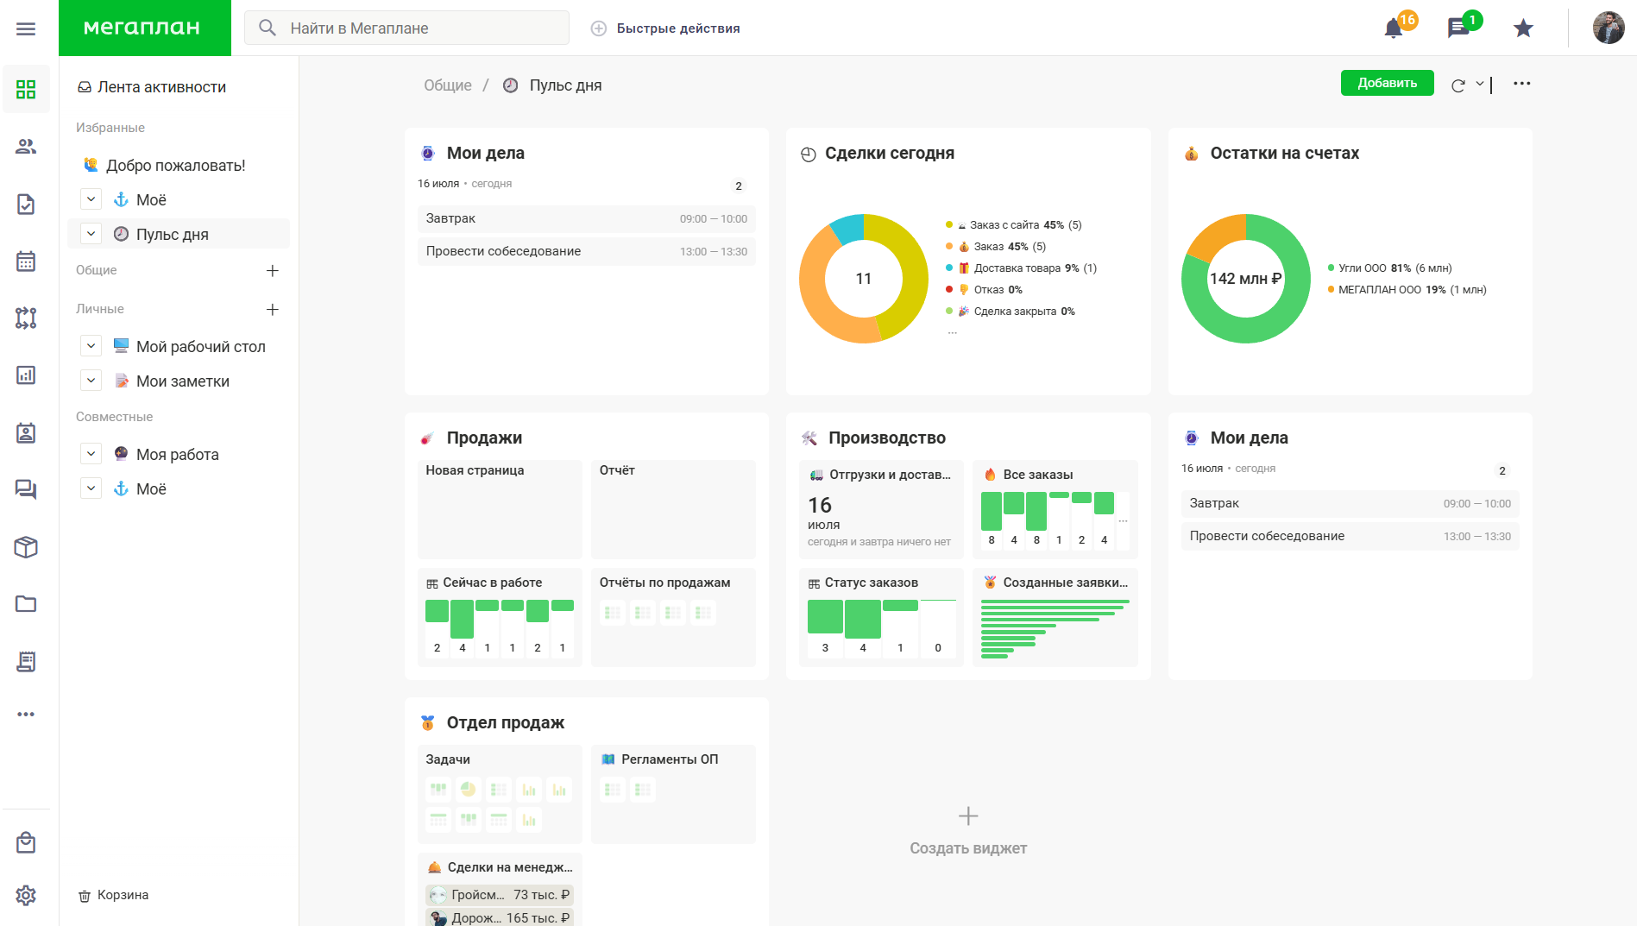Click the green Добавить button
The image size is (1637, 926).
[1387, 83]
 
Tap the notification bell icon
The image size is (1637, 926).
[1393, 28]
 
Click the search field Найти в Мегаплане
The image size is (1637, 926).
[406, 28]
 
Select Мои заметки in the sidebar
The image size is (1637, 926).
[183, 381]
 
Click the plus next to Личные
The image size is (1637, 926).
[273, 309]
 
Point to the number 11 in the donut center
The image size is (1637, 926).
[863, 279]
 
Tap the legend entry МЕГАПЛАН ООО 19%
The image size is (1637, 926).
[1407, 290]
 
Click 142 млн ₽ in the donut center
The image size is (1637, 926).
[1245, 279]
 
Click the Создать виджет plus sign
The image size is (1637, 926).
[968, 816]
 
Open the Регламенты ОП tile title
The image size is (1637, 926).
[670, 759]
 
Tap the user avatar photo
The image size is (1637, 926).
[1609, 28]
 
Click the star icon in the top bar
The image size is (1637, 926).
[1523, 28]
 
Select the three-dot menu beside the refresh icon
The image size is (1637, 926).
[1521, 84]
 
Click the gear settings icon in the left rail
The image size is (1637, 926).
[26, 895]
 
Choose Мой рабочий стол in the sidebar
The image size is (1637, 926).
[200, 346]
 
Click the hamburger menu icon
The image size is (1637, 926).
[26, 28]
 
